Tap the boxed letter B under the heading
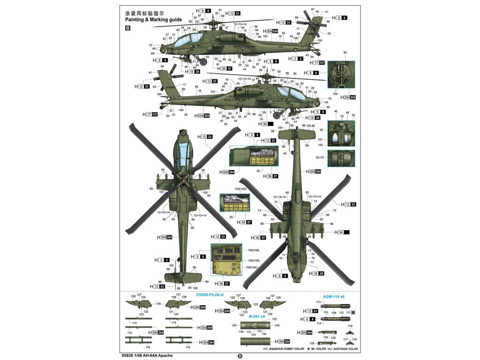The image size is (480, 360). pos(128,28)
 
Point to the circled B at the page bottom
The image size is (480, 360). pos(240,356)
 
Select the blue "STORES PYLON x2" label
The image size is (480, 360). pos(210,294)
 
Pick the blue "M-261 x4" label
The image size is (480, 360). pos(257,316)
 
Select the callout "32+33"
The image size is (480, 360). pos(320,158)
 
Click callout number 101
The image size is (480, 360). pos(321,139)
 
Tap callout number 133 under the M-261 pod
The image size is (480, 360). pos(253,335)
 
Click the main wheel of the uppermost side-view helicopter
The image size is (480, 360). pos(204,61)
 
